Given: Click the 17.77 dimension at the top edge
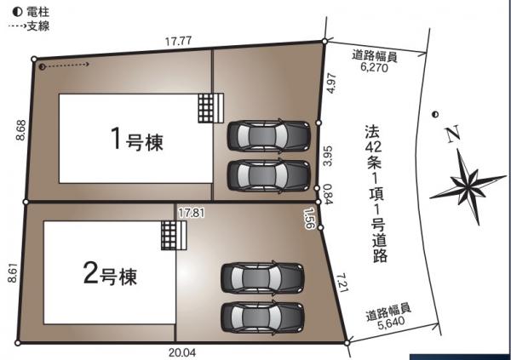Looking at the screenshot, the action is coord(178,42).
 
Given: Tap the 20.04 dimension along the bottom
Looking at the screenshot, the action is coord(182,352).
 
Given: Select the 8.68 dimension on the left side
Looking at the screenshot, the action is coord(20,130).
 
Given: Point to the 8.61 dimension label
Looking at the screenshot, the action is coord(13,272).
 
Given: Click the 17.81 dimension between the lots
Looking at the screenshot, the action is coord(192,213).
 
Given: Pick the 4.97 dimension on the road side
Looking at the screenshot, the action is coord(331,83).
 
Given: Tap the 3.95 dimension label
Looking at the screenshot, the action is coord(328,156).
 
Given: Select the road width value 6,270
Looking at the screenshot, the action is coord(375,67).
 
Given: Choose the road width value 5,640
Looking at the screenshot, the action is coord(392,322).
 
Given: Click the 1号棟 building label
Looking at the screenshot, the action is coord(137,140).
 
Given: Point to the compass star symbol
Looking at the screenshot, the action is coord(468,186).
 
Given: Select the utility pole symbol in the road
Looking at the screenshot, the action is coord(434,114).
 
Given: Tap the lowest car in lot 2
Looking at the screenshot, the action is coord(262,317).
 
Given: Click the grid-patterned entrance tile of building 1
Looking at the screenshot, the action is coord(206,108).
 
